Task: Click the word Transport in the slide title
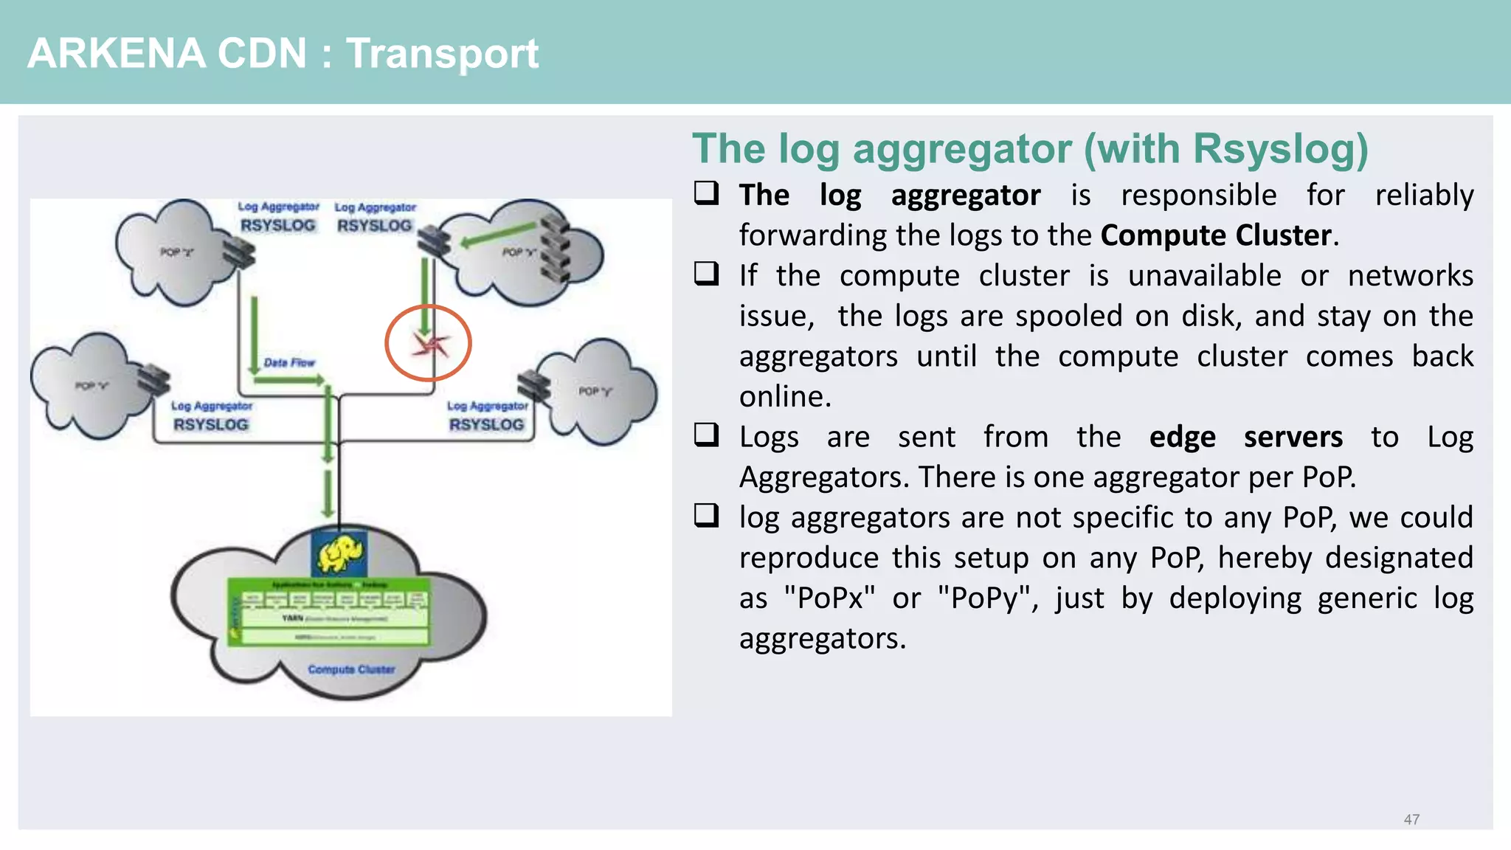(442, 54)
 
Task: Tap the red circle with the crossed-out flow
(428, 343)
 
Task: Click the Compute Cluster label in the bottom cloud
(351, 669)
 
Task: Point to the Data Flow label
(289, 362)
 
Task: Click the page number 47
(1411, 819)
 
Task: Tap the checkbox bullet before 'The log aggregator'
(706, 193)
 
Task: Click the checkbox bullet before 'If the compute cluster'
(706, 274)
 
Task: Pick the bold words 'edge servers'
(1245, 437)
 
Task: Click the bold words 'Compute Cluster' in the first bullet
(1215, 235)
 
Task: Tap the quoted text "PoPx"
(829, 598)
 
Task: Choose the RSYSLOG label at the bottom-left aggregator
(211, 424)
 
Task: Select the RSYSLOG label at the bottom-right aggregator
(486, 424)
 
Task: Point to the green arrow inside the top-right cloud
(498, 235)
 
